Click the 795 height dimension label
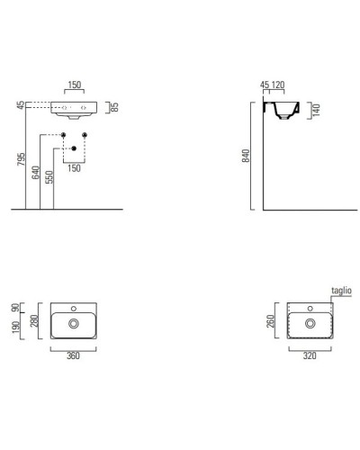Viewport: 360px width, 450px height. [x=21, y=159]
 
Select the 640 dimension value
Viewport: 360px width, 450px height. [x=35, y=173]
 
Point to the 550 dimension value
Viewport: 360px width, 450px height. [x=49, y=177]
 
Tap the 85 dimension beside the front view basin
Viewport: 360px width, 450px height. [x=114, y=107]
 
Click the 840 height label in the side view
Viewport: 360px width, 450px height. [x=246, y=156]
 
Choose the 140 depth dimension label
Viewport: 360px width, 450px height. [x=316, y=110]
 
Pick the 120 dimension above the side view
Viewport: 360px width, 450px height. [x=277, y=85]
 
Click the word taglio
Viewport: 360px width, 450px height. [x=341, y=291]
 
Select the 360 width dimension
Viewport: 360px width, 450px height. [x=73, y=355]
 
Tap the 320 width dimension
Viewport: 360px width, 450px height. [x=310, y=355]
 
